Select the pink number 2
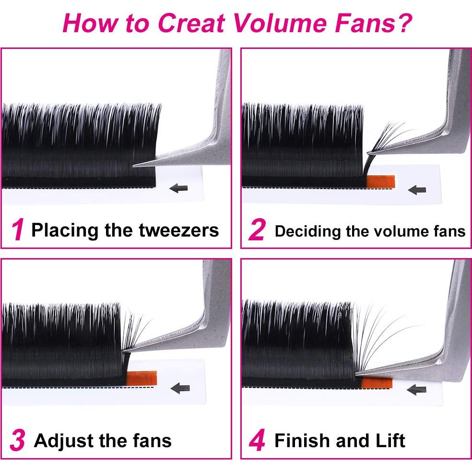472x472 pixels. [x=257, y=231]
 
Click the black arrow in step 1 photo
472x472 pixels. [x=179, y=188]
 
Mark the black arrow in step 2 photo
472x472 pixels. [x=417, y=189]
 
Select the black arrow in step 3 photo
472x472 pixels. [x=180, y=388]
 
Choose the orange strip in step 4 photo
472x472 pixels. [x=377, y=382]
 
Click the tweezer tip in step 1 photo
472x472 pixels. [x=136, y=164]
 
